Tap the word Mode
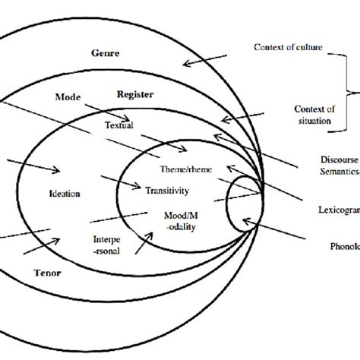(68, 97)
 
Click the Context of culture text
(288, 48)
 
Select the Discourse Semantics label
(335, 169)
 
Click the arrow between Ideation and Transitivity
(117, 182)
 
